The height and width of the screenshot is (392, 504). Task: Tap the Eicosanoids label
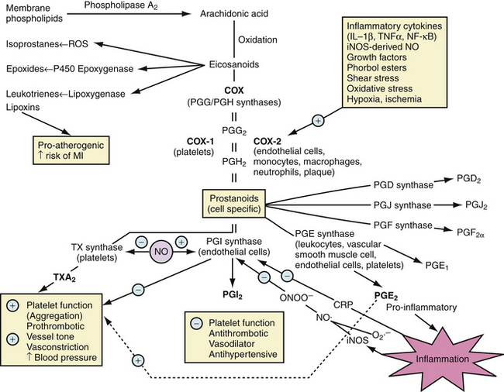point(230,66)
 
